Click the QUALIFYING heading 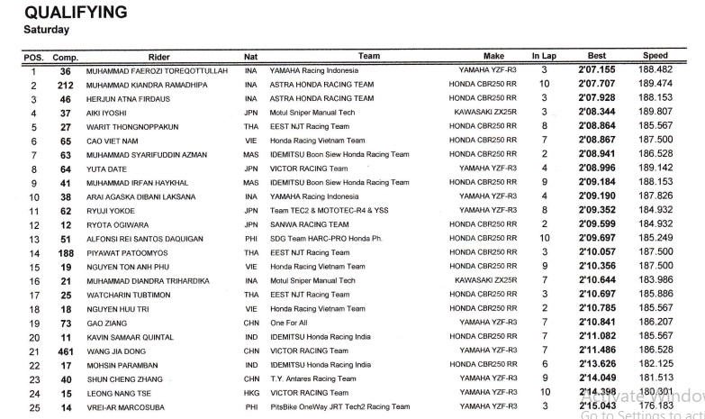click(x=76, y=13)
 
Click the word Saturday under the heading click(x=47, y=30)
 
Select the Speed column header click(x=655, y=56)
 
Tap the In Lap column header click(x=544, y=56)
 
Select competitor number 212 click(x=64, y=85)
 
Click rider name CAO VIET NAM click(x=114, y=141)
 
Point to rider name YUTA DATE click(x=108, y=169)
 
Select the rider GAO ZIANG click(x=109, y=323)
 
